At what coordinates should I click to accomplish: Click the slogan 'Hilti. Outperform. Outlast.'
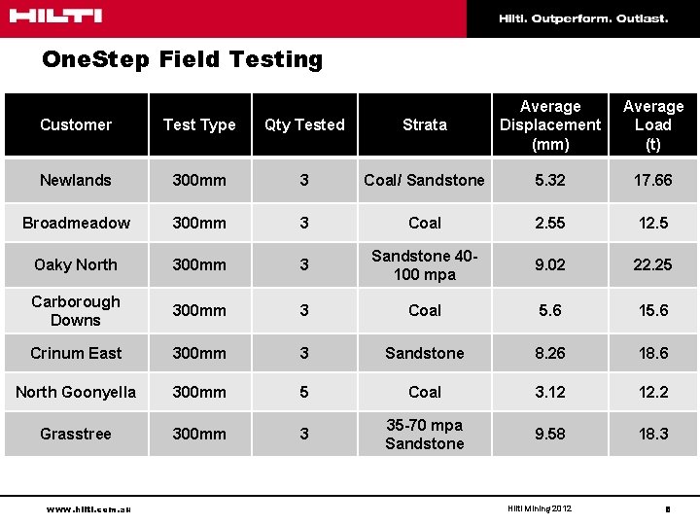click(583, 18)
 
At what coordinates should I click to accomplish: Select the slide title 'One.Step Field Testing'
click(182, 59)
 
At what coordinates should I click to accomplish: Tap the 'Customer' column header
click(76, 124)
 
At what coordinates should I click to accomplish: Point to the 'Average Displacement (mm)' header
click(550, 124)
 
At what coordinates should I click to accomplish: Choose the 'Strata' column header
click(425, 124)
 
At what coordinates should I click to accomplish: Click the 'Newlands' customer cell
click(76, 180)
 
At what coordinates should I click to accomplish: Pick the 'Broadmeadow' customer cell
click(76, 223)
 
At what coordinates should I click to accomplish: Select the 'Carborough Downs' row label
click(76, 310)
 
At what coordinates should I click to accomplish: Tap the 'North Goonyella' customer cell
click(76, 392)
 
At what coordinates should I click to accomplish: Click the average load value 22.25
click(652, 264)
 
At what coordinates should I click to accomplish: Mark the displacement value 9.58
click(550, 434)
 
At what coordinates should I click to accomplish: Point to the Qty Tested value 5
click(304, 392)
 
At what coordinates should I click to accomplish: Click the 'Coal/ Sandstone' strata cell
click(424, 180)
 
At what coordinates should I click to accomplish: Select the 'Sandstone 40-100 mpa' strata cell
click(425, 264)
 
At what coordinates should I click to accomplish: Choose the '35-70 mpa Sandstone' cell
click(425, 434)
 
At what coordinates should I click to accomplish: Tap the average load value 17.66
click(652, 180)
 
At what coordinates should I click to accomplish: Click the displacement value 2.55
click(550, 223)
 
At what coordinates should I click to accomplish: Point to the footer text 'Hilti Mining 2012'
click(540, 508)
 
